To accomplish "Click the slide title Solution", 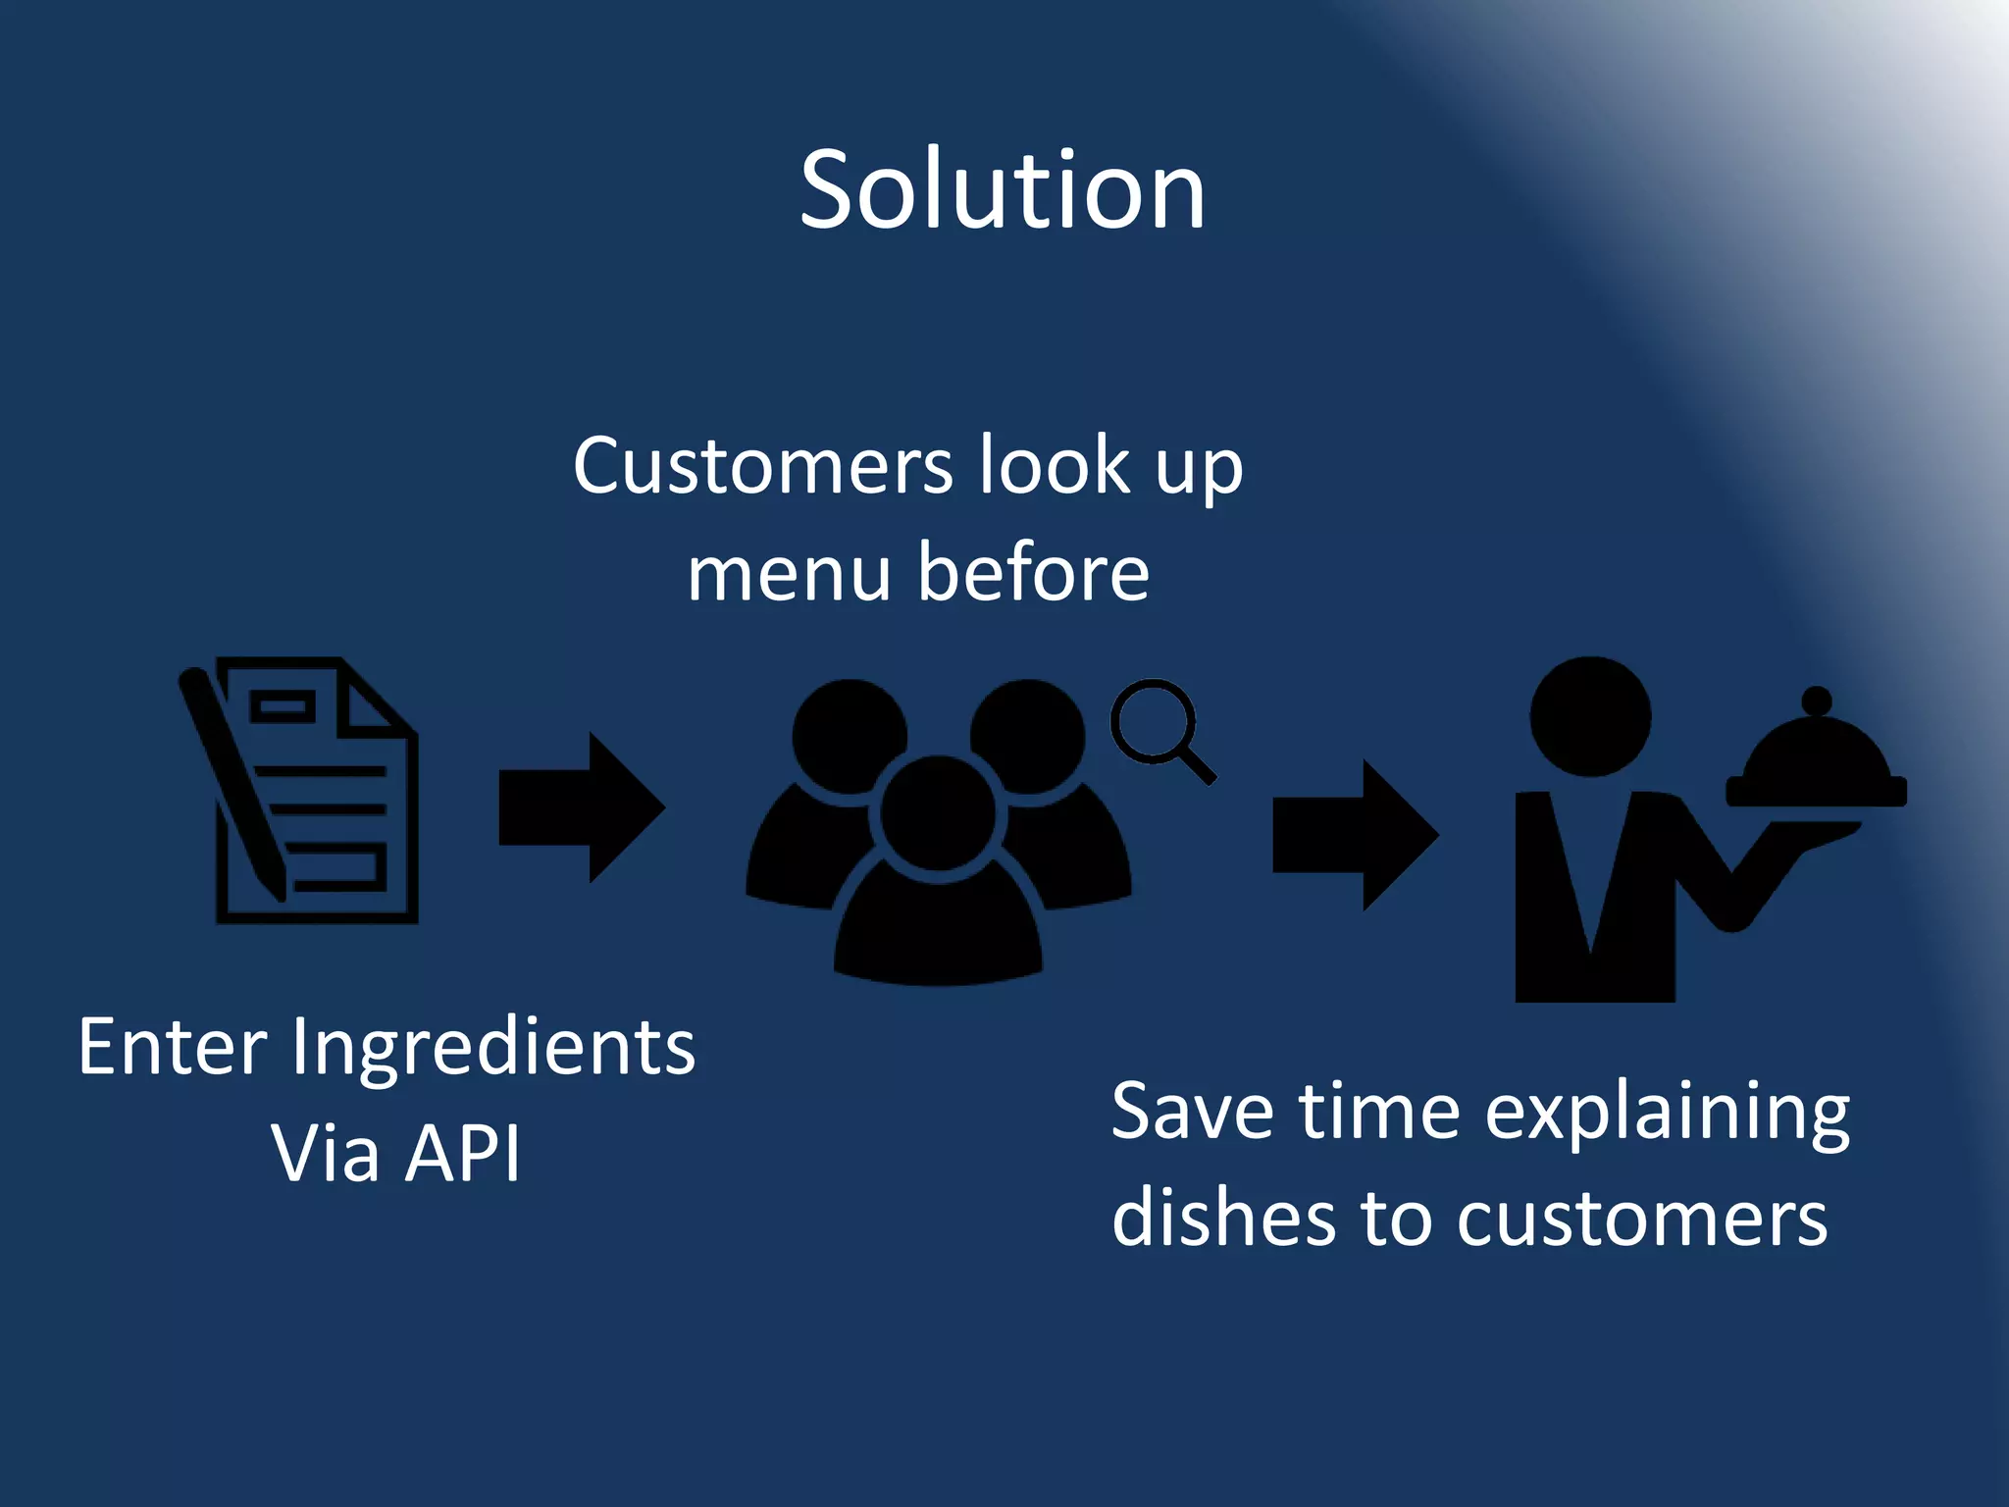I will click(x=1002, y=190).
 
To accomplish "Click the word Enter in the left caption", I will click(x=172, y=1048).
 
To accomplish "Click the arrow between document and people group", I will click(x=583, y=807).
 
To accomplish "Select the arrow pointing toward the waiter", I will click(x=1355, y=835).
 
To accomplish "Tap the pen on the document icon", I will click(x=232, y=785).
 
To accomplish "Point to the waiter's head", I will click(x=1590, y=716).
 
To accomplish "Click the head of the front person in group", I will click(x=938, y=813).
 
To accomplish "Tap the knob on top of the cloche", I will click(x=1817, y=701).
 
